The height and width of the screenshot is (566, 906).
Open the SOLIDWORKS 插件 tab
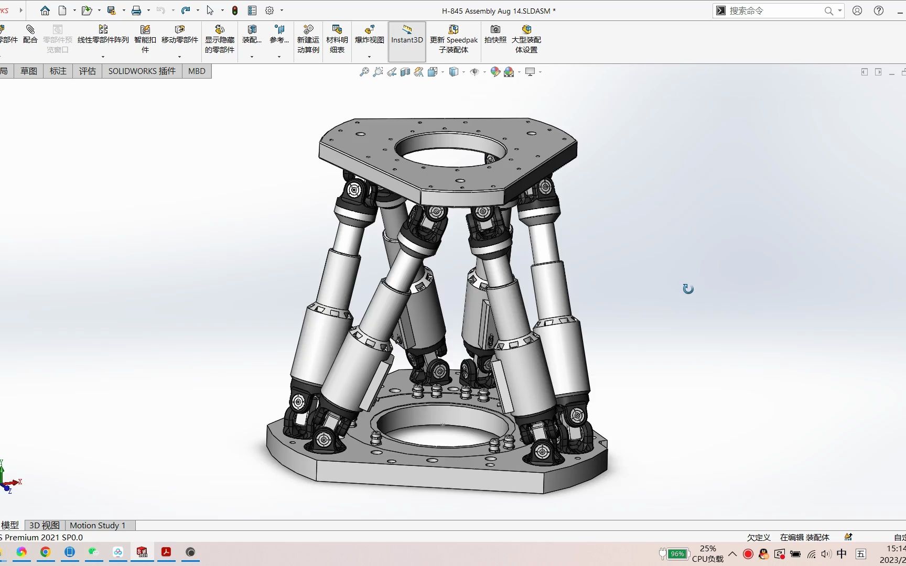coord(142,71)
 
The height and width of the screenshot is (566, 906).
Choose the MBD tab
coord(197,71)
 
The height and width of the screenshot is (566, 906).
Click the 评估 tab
coord(88,71)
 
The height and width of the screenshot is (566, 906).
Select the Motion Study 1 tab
coord(98,525)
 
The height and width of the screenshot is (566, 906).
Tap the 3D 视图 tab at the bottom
coord(45,525)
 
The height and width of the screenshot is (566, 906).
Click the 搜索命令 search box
coord(773,10)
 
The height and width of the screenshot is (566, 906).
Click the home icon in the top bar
coord(45,10)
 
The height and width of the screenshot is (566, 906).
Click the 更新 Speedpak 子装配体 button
coord(454,39)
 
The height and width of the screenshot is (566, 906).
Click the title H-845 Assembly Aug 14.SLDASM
coord(498,10)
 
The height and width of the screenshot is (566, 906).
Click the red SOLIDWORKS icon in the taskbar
coord(142,552)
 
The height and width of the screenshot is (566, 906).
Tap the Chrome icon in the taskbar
coord(46,552)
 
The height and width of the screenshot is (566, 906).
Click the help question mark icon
coord(879,10)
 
